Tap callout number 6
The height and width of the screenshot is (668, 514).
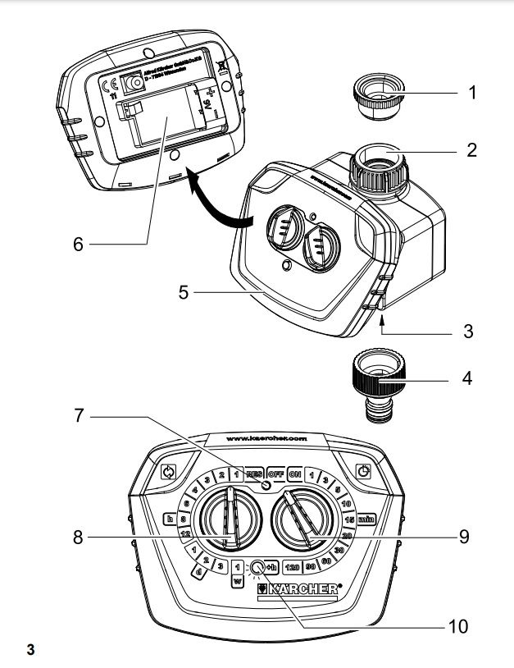pos(77,245)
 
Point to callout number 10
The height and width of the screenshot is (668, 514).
pos(457,627)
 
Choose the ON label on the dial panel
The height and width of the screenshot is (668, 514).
pos(295,474)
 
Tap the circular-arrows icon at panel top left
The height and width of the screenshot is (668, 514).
pos(169,472)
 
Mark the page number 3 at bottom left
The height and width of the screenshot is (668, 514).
pos(30,652)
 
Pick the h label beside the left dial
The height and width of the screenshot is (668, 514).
pos(170,519)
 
